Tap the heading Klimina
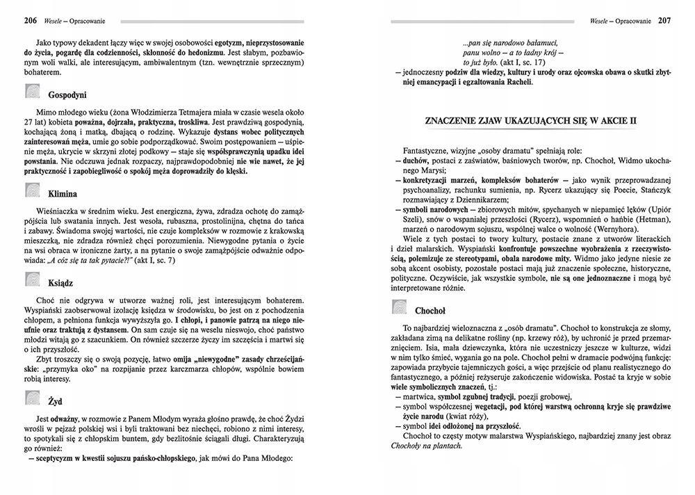tap(63, 193)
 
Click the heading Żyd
tap(56, 401)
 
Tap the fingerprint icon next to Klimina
tap(33, 191)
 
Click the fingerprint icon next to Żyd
tap(33, 398)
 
